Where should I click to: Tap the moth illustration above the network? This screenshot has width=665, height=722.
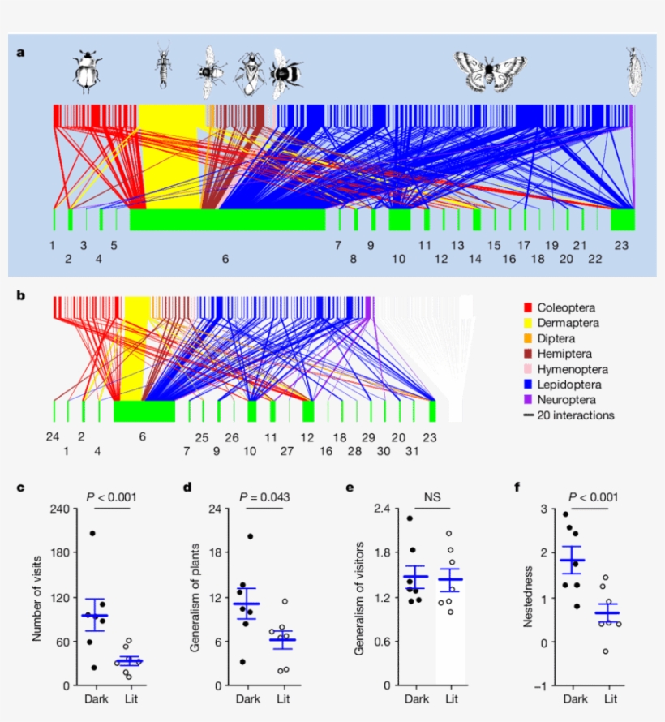coord(491,70)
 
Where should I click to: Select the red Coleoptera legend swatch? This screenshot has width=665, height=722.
coord(529,307)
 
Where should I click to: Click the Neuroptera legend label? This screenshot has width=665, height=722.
coord(569,400)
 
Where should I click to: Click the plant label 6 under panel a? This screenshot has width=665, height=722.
coord(226,259)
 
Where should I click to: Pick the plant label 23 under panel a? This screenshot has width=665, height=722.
coord(622,244)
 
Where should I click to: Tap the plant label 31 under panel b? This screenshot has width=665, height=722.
coord(412,451)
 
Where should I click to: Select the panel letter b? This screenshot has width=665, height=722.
coord(21,295)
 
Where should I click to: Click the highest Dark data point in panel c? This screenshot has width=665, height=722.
coord(92,533)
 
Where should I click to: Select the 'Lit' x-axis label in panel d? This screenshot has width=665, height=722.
coord(284,698)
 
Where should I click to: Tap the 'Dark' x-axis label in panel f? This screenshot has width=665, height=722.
coord(573,698)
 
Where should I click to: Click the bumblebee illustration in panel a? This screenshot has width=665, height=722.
coord(286,71)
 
